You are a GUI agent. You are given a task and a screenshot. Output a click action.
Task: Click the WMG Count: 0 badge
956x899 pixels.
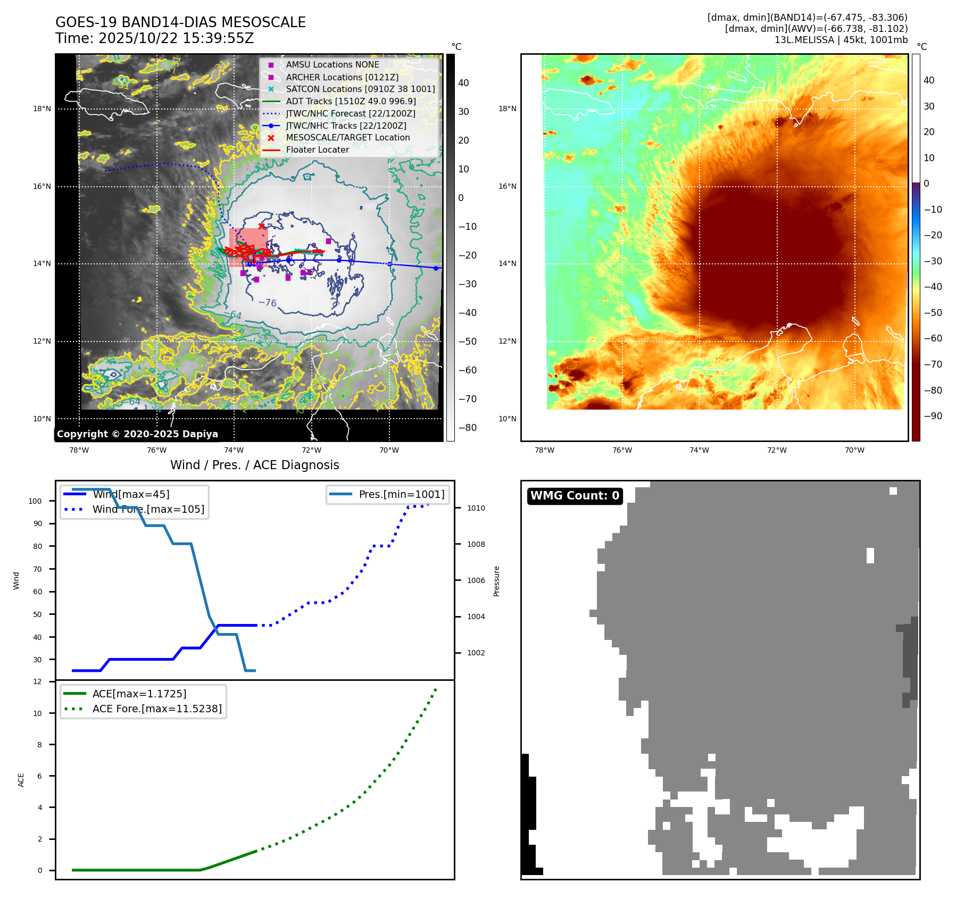point(575,496)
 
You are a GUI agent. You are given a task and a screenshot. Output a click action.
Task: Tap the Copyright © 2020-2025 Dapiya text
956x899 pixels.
point(137,434)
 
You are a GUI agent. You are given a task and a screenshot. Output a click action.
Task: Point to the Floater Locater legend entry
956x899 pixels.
point(317,149)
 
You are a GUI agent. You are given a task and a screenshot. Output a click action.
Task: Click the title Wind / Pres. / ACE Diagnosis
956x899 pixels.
point(254,465)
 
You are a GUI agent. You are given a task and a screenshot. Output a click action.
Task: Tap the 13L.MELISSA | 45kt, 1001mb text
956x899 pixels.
point(841,40)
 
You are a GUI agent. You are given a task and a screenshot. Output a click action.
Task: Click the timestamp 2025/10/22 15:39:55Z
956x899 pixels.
point(176,38)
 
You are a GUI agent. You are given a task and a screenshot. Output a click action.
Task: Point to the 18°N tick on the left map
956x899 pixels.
point(42,109)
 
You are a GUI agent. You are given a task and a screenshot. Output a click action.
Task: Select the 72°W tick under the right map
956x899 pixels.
point(777,450)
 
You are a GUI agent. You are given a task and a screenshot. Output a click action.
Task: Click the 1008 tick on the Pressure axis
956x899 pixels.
point(476,544)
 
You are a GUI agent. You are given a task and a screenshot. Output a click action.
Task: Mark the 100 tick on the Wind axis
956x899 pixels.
point(35,501)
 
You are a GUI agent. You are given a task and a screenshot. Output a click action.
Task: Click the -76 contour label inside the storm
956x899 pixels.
point(268,303)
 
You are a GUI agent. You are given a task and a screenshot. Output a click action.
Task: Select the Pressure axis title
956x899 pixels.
point(496,581)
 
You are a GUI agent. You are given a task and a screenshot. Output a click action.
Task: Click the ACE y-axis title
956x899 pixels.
point(21,780)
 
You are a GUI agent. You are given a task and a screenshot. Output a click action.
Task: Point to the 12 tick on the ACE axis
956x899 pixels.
point(37,681)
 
